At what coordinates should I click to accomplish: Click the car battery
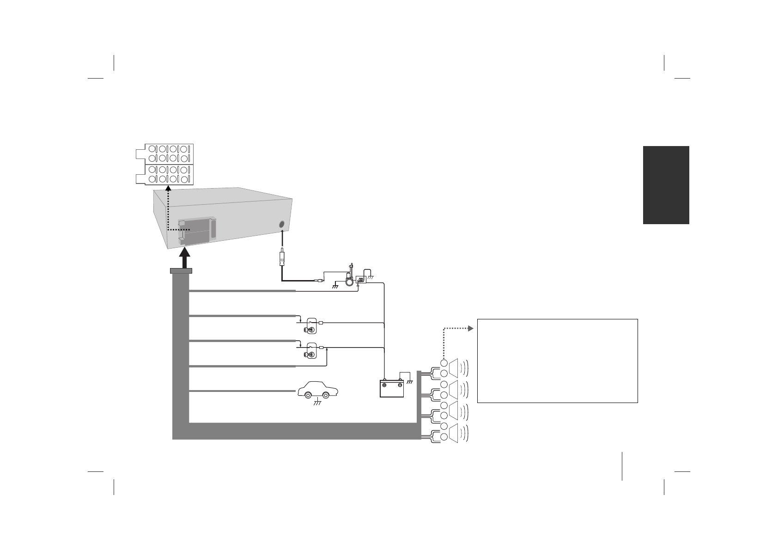[392, 388]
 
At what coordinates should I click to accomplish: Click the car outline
[318, 389]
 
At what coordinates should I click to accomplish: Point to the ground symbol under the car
[317, 403]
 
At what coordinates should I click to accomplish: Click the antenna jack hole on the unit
[282, 225]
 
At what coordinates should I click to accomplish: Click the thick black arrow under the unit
[184, 258]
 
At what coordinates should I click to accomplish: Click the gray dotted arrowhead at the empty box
[470, 329]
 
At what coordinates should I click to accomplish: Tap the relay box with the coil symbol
[361, 280]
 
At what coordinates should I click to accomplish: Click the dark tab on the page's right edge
[666, 185]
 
